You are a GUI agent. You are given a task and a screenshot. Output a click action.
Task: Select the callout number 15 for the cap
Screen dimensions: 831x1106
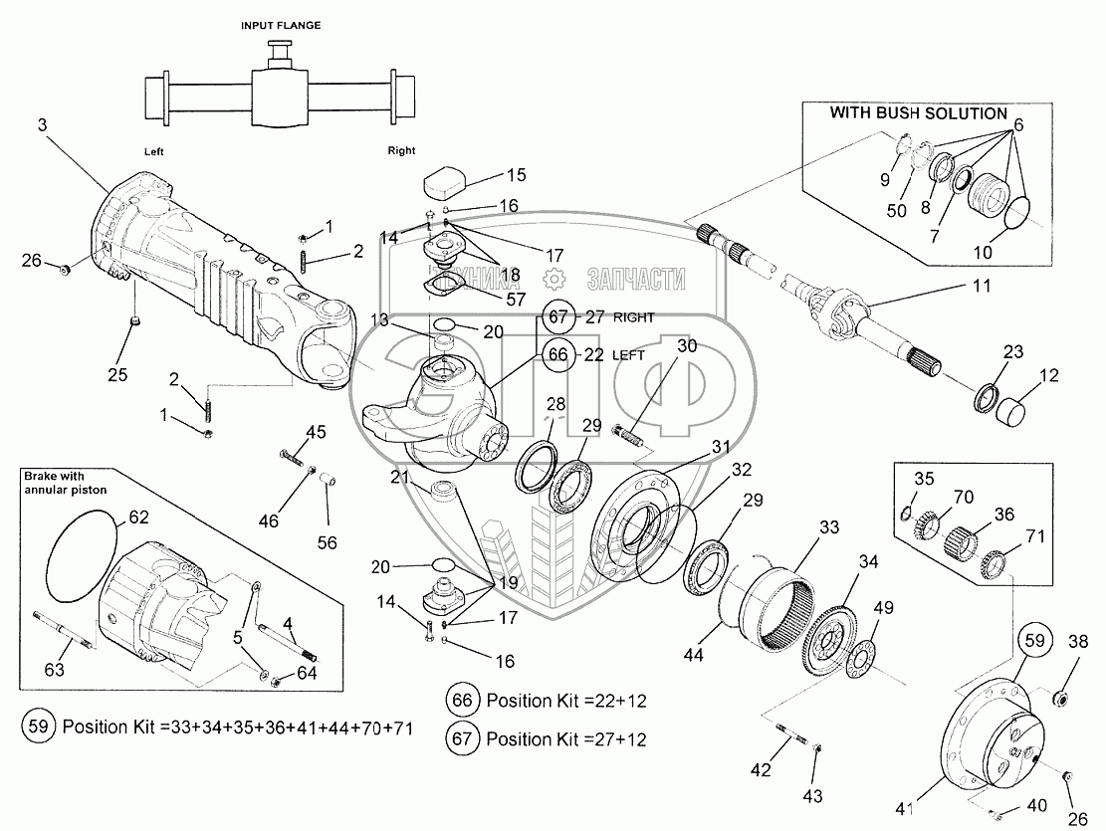point(515,176)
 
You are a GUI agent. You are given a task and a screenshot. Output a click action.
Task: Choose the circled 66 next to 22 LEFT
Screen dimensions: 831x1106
point(558,353)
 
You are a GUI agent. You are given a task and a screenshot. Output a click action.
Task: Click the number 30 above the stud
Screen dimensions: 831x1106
point(687,345)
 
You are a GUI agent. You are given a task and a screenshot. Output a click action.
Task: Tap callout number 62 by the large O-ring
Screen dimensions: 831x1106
point(138,517)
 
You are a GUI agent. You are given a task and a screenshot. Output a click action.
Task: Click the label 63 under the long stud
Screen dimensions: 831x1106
point(54,670)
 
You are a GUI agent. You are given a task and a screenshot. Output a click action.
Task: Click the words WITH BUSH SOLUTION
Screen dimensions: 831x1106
point(919,113)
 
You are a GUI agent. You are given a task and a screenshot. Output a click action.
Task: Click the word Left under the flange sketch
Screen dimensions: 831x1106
point(152,151)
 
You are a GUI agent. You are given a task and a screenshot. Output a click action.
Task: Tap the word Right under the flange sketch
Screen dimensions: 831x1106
point(401,151)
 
